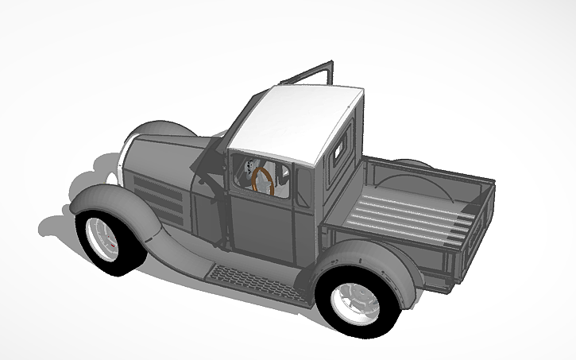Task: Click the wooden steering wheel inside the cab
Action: click(x=263, y=180)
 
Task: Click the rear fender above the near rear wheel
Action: click(x=358, y=258)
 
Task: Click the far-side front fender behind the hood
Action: click(x=155, y=130)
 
